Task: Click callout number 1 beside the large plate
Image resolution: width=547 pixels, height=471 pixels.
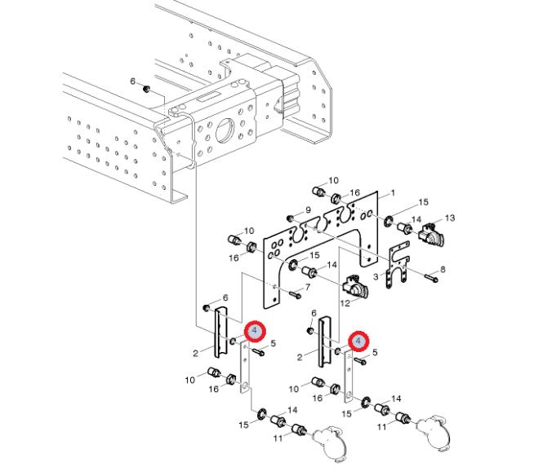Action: pyautogui.click(x=393, y=192)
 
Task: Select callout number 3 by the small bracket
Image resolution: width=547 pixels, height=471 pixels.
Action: pyautogui.click(x=377, y=277)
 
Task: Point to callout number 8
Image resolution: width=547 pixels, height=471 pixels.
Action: pyautogui.click(x=442, y=269)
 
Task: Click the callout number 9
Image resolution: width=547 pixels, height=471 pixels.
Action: pyautogui.click(x=309, y=210)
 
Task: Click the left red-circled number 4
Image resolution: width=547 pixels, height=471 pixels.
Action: pyautogui.click(x=255, y=331)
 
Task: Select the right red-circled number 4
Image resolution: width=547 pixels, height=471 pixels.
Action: pyautogui.click(x=358, y=341)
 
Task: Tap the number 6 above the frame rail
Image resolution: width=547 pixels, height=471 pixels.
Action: pyautogui.click(x=133, y=81)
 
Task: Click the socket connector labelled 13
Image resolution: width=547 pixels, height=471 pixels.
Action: pyautogui.click(x=431, y=234)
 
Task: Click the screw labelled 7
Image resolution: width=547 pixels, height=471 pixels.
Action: pyautogui.click(x=293, y=290)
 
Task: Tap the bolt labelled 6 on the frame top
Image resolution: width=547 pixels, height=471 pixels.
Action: pyautogui.click(x=147, y=87)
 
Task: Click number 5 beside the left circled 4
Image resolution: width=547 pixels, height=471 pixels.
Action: pyautogui.click(x=273, y=344)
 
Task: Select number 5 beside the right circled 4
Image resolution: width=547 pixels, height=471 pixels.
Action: pyautogui.click(x=375, y=352)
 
